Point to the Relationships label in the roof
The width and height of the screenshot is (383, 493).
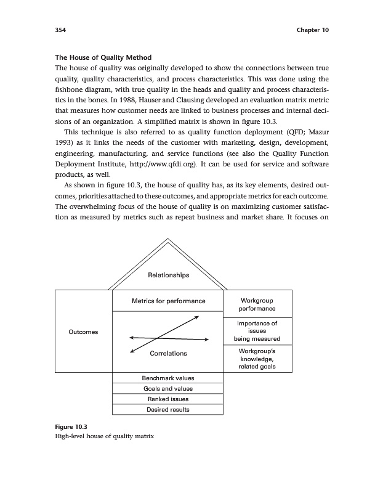click(x=168, y=275)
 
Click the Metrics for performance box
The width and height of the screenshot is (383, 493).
click(x=168, y=301)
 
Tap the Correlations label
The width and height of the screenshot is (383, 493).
click(x=168, y=354)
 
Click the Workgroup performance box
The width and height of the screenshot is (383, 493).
click(x=257, y=304)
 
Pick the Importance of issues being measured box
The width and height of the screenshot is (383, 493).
click(x=257, y=331)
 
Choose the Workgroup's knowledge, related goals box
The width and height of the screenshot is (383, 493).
click(x=257, y=359)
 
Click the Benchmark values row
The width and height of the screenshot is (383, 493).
click(x=168, y=378)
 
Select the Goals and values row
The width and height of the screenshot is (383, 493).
click(x=168, y=389)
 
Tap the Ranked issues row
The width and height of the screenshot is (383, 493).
click(x=168, y=399)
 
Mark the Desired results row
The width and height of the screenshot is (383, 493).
click(x=168, y=410)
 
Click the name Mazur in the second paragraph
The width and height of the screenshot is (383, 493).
click(x=318, y=130)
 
